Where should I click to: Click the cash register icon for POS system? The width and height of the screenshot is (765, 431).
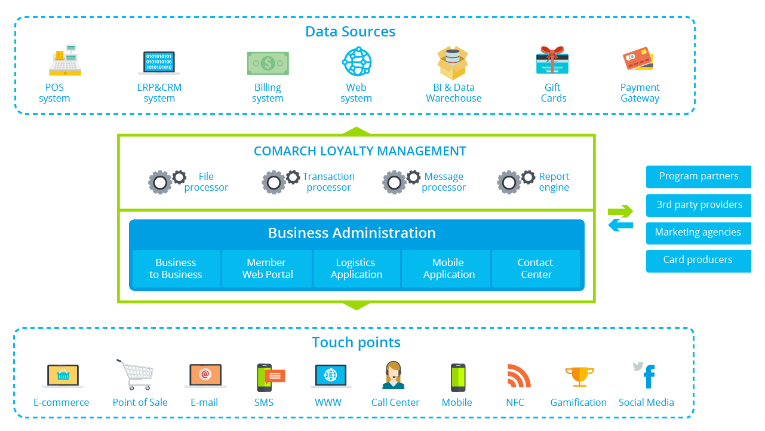click(x=64, y=60)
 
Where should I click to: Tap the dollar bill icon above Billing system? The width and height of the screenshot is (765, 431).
click(x=268, y=62)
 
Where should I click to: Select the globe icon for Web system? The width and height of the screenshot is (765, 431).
click(x=357, y=61)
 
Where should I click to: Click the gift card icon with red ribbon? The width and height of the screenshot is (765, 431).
click(x=552, y=61)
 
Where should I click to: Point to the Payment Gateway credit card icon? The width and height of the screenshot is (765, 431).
click(x=638, y=60)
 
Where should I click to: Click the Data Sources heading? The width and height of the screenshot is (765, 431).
click(x=351, y=32)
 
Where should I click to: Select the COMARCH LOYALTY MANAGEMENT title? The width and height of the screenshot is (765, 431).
click(x=360, y=151)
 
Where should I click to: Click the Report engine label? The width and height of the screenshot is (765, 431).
click(x=554, y=182)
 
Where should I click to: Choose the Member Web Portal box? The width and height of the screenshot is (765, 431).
click(x=267, y=269)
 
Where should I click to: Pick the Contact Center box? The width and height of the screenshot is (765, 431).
click(x=536, y=269)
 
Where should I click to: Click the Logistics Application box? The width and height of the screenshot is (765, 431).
click(x=357, y=269)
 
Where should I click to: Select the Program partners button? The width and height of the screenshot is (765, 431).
click(x=698, y=176)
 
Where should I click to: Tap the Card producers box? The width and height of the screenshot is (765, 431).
click(x=698, y=260)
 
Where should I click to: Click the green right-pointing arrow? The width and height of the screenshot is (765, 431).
click(x=620, y=211)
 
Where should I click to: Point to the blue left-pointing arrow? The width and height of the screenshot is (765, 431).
click(x=620, y=225)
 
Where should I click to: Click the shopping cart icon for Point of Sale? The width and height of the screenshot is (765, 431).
click(x=134, y=375)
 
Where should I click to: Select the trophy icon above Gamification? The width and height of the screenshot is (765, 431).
click(x=579, y=377)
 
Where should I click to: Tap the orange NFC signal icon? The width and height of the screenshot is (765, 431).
click(x=518, y=376)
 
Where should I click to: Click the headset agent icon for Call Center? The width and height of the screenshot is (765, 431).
click(x=394, y=375)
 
